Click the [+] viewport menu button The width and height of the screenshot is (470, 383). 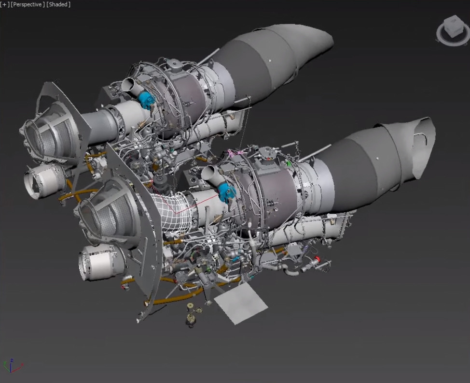(x=4, y=4)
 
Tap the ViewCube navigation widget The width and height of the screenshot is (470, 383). (x=453, y=30)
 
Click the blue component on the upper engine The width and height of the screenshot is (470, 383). (x=146, y=99)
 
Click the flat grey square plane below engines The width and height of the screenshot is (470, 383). (x=240, y=303)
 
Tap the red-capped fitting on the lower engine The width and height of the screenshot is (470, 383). (x=317, y=260)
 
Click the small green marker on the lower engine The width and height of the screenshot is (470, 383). (x=289, y=163)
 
